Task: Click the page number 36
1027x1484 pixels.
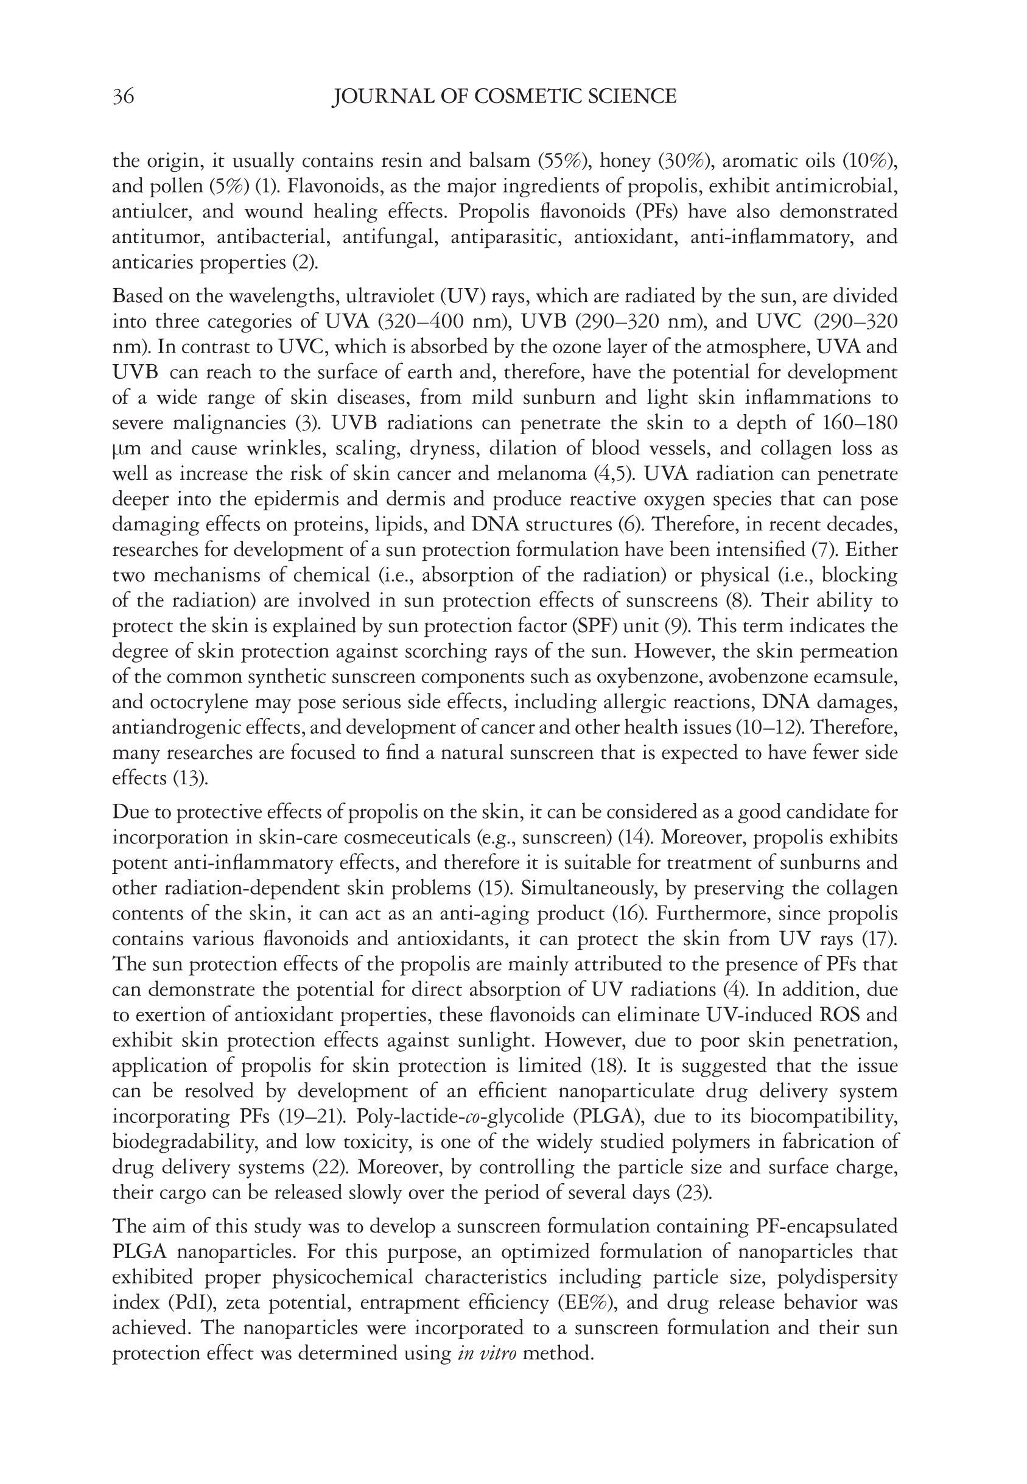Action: coord(124,97)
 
